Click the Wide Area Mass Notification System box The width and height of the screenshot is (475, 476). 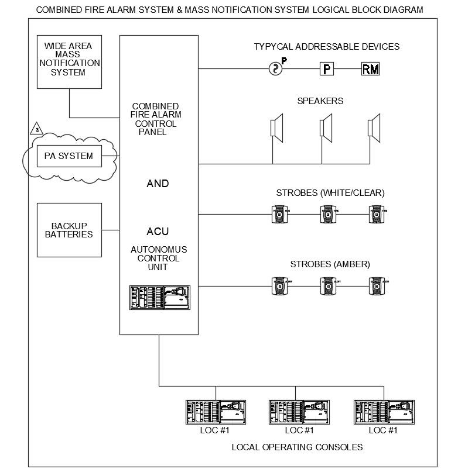point(69,61)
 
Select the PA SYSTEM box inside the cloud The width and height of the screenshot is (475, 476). point(69,156)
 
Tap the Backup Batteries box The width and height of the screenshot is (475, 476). point(69,230)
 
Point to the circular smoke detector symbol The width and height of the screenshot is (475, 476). point(275,69)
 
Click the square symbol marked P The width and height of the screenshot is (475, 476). point(326,69)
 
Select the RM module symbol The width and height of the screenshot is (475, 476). point(370,69)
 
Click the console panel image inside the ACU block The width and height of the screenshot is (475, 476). point(159,297)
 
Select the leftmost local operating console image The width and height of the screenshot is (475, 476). point(215,412)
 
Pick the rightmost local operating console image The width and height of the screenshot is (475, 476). point(383,412)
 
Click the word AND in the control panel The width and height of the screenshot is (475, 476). point(158,184)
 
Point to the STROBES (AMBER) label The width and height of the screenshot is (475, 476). point(323,264)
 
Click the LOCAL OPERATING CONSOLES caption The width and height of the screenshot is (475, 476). point(297,447)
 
